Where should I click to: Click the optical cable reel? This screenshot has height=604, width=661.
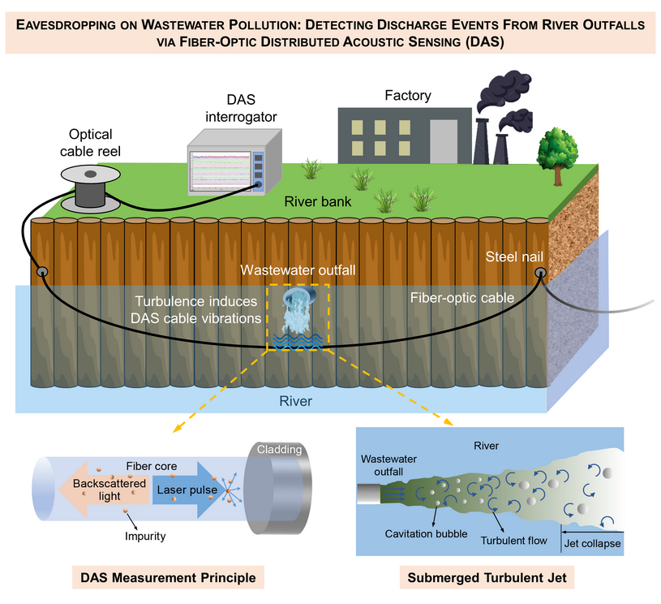(x=91, y=188)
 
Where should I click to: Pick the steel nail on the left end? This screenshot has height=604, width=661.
(x=39, y=271)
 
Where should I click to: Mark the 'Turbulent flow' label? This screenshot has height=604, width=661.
(x=514, y=540)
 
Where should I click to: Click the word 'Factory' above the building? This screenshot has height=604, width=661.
(x=407, y=96)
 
